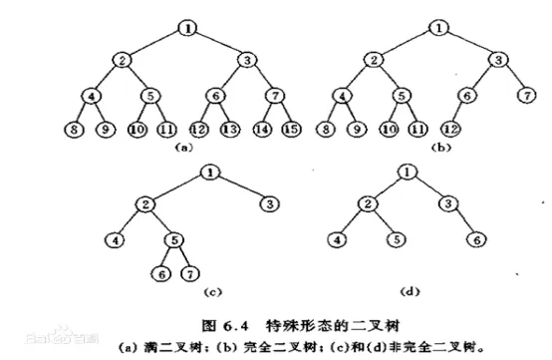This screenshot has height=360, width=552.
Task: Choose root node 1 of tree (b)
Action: [438, 27]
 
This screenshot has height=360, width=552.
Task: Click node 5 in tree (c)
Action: [172, 238]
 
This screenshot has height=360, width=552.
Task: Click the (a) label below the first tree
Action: [182, 146]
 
